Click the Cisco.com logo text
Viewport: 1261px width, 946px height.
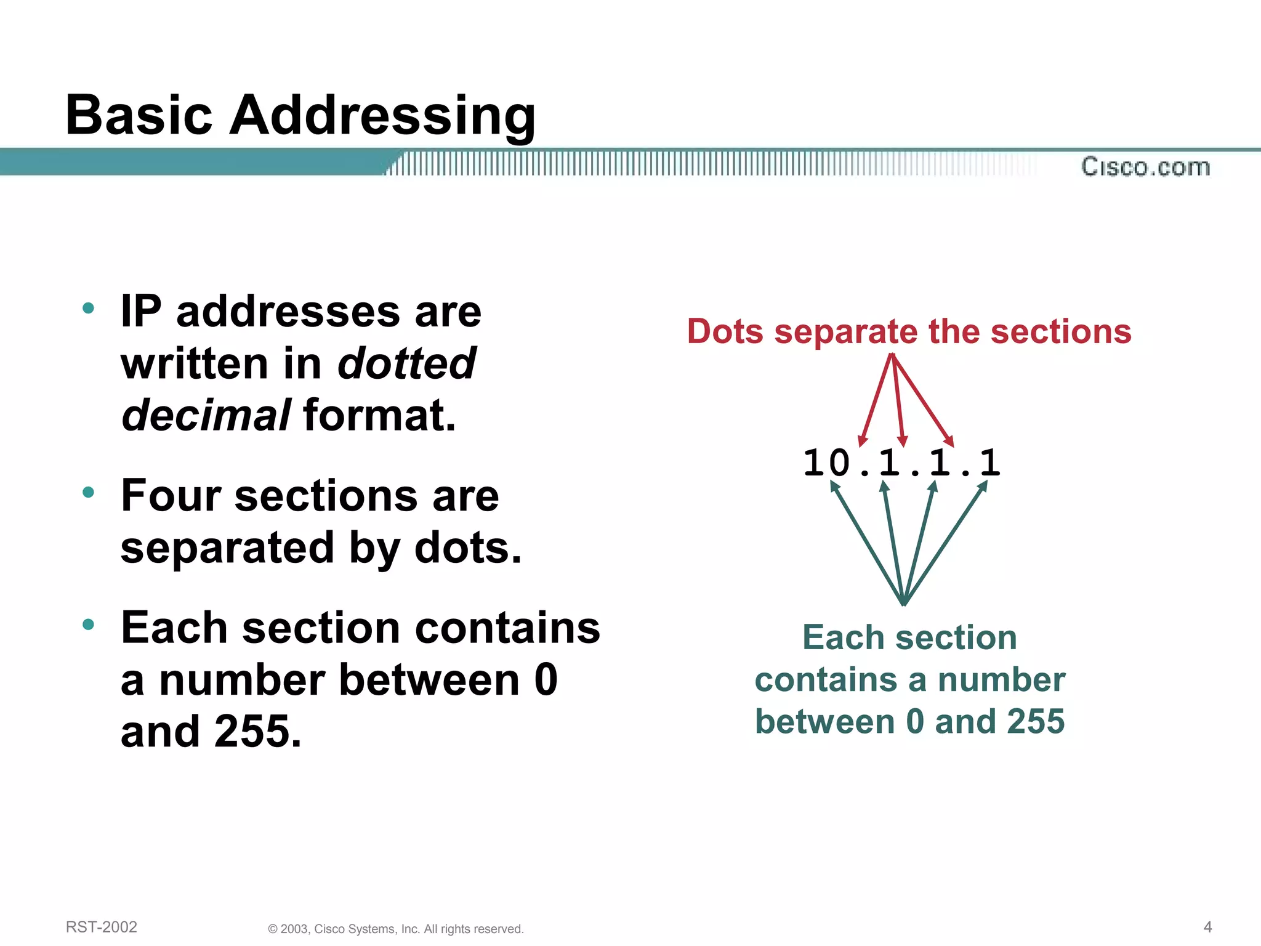1145,167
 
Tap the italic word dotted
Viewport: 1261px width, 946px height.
406,363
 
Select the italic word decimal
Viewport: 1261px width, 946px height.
206,415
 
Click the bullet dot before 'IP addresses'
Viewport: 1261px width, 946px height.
89,308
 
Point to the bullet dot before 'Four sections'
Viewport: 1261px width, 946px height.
89,492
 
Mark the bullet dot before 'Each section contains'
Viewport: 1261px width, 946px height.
89,625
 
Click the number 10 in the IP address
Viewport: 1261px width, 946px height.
826,463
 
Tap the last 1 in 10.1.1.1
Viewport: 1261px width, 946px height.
989,463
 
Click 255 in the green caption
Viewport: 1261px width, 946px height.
1036,721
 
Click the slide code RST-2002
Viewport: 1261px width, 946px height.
102,927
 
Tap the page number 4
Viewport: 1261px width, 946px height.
1207,927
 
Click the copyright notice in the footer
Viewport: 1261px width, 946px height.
396,929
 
